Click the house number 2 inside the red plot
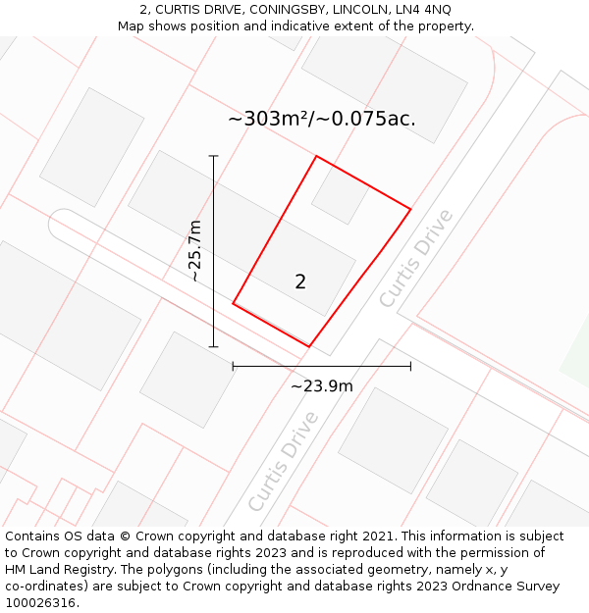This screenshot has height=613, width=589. point(300,281)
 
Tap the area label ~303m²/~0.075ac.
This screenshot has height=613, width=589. point(322,119)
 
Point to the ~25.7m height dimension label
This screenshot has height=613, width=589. point(195,251)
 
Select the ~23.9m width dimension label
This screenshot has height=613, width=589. point(322,385)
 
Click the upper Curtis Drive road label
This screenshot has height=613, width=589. point(417,258)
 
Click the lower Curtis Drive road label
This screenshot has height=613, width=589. point(284,460)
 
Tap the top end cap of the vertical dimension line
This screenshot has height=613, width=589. point(213,155)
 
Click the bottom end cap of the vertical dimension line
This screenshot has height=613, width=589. point(213,346)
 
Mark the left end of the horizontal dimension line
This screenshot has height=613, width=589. point(233,367)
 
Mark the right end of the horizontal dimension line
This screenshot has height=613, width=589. point(410,367)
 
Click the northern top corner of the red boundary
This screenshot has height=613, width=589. point(316,156)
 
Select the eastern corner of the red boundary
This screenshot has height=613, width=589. point(410,209)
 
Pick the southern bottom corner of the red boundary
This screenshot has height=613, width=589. point(309,346)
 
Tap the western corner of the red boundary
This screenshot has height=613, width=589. point(233,304)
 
